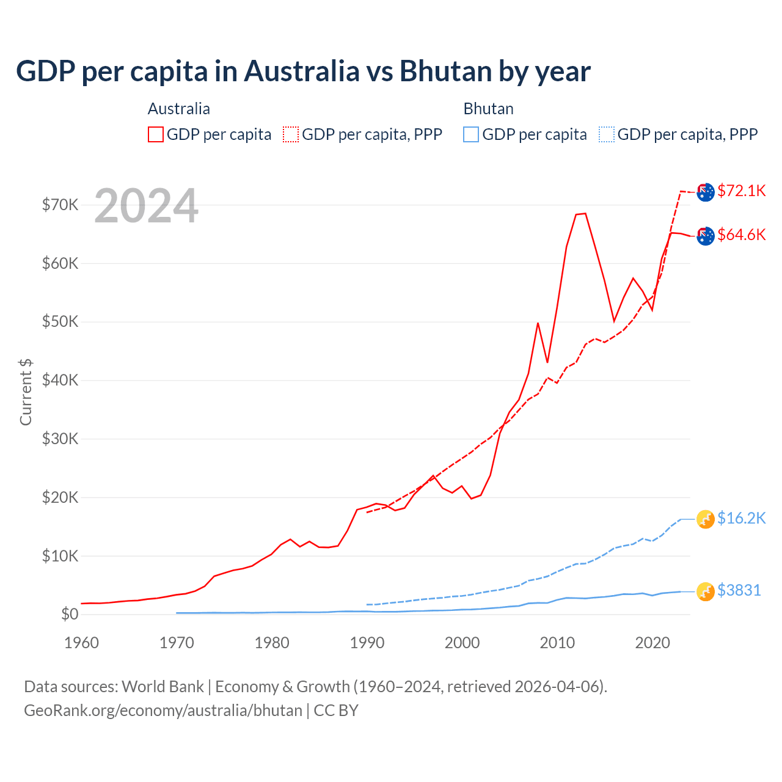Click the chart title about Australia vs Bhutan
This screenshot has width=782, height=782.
tap(303, 71)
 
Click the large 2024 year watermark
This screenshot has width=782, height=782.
tap(146, 206)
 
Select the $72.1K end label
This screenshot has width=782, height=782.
tap(741, 191)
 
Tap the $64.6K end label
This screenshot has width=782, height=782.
tap(741, 235)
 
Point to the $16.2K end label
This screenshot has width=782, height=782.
tap(741, 518)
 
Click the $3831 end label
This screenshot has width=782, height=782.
tap(739, 590)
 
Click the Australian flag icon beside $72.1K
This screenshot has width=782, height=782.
tap(706, 192)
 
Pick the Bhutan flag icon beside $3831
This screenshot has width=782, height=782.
tap(706, 591)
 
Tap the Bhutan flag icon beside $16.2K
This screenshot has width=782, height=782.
tap(706, 519)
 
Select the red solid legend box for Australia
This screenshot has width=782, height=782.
tap(156, 134)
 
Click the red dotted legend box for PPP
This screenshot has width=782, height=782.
tap(291, 134)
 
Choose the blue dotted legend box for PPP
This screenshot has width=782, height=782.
tap(607, 134)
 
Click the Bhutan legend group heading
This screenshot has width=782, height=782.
tap(488, 109)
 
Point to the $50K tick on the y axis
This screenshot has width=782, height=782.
tap(60, 322)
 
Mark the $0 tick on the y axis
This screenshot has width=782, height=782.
tap(70, 614)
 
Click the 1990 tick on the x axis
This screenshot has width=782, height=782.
tap(367, 643)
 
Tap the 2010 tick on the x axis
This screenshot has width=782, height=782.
tap(557, 643)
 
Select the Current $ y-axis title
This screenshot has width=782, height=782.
tap(26, 392)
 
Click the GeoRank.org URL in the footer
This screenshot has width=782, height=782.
tap(163, 711)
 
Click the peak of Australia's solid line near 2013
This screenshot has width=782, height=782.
tap(585, 213)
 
